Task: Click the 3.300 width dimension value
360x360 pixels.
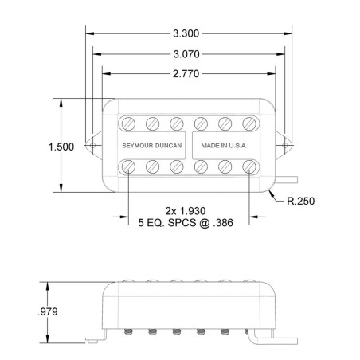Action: (186, 33)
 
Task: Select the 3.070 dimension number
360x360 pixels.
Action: (186, 54)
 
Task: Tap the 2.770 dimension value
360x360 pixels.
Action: (186, 74)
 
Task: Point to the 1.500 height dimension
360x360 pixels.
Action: (61, 147)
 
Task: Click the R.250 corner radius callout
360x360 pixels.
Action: (301, 201)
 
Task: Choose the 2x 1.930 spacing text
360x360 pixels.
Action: (186, 211)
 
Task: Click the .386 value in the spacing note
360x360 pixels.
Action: (223, 223)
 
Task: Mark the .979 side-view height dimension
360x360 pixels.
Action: (48, 311)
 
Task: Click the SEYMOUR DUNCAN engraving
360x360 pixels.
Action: (152, 146)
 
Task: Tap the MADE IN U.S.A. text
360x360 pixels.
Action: (224, 146)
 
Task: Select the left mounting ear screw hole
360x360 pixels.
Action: (92, 145)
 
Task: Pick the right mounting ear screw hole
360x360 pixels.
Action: (285, 145)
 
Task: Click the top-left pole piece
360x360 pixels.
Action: (128, 123)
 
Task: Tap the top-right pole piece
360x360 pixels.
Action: (249, 123)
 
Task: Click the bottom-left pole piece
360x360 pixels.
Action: (128, 167)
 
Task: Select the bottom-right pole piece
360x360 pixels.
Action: (249, 167)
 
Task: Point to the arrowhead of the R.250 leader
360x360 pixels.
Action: (269, 191)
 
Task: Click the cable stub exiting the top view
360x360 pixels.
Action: (287, 180)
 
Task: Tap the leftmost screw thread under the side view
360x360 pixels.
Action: (128, 331)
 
